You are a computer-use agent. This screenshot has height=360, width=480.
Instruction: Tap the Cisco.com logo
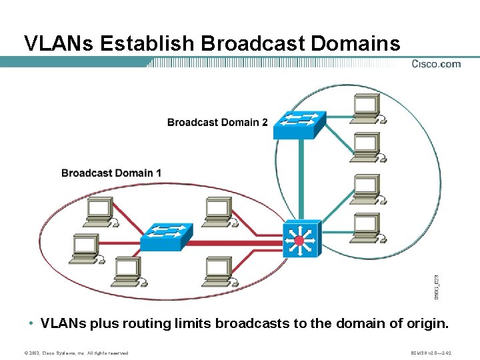[435, 64]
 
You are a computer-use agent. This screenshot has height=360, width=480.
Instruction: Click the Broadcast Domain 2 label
[217, 122]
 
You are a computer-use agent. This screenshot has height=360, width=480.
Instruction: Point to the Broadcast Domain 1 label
[111, 173]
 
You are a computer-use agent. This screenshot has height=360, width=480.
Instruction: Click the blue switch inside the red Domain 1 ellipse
[167, 235]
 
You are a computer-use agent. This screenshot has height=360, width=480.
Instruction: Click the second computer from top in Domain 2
[366, 147]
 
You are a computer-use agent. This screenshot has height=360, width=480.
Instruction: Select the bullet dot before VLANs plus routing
[31, 324]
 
